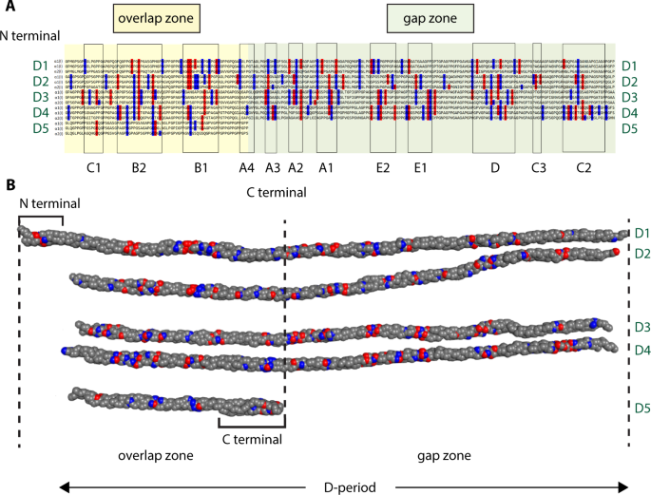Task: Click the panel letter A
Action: point(10,9)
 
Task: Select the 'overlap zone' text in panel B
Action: point(156,455)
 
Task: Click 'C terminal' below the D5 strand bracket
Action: point(252,439)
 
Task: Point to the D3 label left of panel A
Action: point(13,97)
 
